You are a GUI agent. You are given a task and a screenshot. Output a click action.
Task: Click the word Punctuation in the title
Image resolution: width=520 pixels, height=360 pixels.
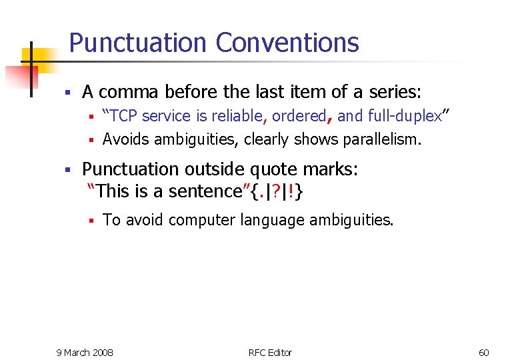click(x=137, y=43)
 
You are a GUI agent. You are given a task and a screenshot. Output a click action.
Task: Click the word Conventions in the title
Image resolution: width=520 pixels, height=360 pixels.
click(x=287, y=43)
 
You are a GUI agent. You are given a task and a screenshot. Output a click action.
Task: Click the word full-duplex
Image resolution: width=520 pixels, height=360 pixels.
click(x=405, y=116)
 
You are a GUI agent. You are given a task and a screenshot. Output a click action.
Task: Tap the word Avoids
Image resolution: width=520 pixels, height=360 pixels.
click(x=125, y=139)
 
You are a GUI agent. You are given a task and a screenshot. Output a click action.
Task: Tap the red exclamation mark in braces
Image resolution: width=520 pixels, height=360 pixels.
click(x=291, y=192)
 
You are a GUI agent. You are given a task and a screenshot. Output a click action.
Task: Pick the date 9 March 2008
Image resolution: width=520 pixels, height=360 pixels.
click(x=85, y=352)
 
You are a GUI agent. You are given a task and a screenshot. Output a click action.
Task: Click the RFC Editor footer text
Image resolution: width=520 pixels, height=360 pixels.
click(x=270, y=352)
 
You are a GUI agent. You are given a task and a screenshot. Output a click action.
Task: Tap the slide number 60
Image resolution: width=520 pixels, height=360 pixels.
click(x=484, y=352)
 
